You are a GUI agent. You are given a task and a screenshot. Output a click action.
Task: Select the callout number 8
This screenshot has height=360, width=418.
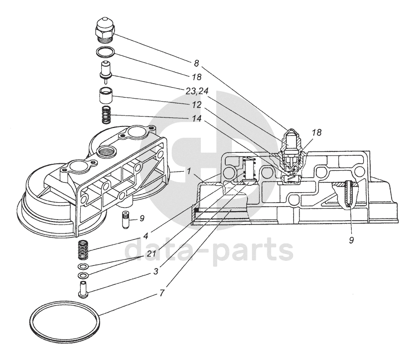[x=196, y=63]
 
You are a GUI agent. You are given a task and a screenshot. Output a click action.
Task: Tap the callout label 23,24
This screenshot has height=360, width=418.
[x=197, y=91]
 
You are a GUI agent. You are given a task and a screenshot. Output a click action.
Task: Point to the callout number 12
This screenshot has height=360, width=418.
[x=197, y=105]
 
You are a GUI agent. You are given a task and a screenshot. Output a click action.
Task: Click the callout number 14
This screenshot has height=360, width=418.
[x=197, y=119]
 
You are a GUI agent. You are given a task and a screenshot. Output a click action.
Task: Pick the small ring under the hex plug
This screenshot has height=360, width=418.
[x=105, y=52]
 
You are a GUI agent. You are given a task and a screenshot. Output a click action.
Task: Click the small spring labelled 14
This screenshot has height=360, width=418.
[x=106, y=115]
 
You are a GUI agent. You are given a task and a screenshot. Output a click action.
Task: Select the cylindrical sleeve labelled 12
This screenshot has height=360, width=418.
[x=106, y=96]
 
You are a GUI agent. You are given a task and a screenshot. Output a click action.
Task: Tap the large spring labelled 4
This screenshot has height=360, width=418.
[x=83, y=249]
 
